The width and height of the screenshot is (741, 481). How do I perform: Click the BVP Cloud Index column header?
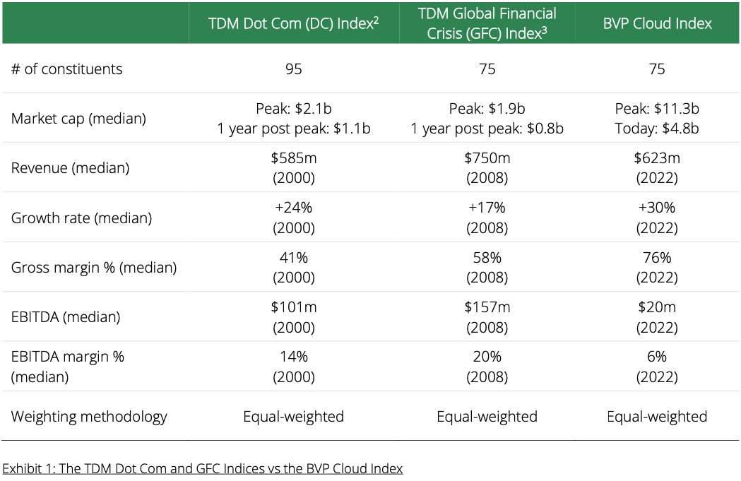(x=657, y=23)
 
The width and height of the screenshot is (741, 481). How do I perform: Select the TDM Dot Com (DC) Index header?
(x=293, y=23)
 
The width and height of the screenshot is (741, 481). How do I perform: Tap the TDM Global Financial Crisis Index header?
(x=487, y=23)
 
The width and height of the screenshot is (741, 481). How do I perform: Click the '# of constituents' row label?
(x=66, y=69)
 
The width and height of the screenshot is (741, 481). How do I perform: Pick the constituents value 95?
(x=293, y=69)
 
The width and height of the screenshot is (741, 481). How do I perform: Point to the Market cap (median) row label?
(x=78, y=118)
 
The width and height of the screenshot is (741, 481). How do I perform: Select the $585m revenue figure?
(x=293, y=158)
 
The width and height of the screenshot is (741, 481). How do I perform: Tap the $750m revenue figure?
(x=487, y=158)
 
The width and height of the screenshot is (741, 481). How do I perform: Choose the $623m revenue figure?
(x=657, y=158)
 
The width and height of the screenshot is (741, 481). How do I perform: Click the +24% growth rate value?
(x=293, y=208)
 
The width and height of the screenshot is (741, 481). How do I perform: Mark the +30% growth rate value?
(x=657, y=208)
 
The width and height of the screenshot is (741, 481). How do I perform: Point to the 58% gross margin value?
(x=487, y=258)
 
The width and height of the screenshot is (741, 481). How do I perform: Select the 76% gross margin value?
(x=657, y=258)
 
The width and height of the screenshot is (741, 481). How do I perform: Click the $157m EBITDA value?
(x=487, y=307)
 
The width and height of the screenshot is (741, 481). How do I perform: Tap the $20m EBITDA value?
(x=657, y=307)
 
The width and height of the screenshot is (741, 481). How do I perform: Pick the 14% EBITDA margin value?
(x=293, y=357)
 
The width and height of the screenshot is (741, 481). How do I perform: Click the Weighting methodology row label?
(x=89, y=416)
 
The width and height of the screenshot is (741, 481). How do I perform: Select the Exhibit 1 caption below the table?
(x=203, y=468)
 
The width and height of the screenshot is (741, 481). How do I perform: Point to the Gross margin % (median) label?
(x=94, y=268)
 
